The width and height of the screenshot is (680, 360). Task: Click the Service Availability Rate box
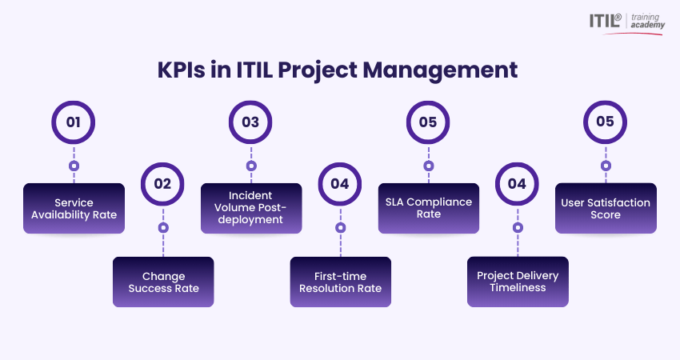coord(74,208)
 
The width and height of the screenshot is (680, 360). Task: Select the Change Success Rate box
coord(163,282)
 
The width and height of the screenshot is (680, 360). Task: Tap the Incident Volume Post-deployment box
coord(251,208)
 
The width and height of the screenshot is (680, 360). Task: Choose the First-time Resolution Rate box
coord(341,282)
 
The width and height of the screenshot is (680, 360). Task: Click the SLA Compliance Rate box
coord(429,208)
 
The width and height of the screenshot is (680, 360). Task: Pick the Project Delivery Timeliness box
coord(518,282)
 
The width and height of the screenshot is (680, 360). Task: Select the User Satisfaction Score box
coord(606,208)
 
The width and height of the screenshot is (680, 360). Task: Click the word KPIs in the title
coord(182,70)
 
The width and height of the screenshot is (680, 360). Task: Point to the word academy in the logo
coord(647,25)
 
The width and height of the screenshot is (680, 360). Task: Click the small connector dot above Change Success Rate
coord(163,228)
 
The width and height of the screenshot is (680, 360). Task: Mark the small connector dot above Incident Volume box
coord(251,166)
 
